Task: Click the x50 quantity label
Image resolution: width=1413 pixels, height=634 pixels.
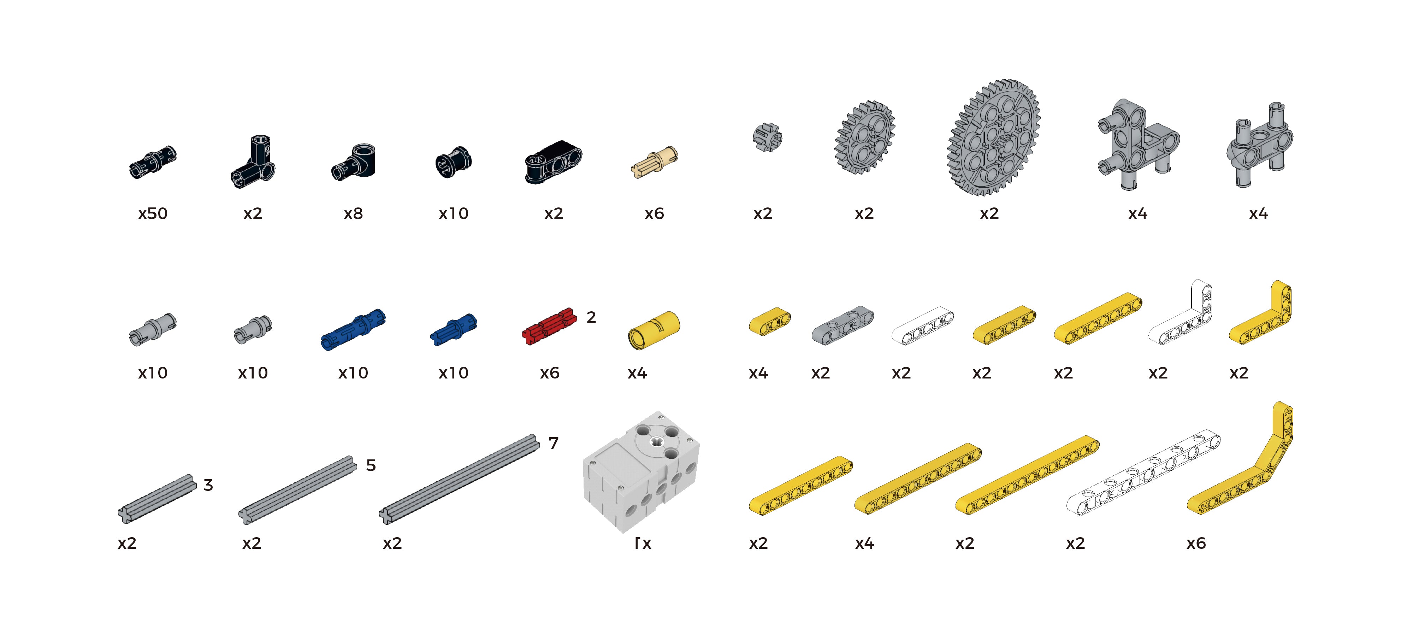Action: pos(153,213)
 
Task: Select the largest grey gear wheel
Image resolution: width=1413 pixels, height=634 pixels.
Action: pos(993,137)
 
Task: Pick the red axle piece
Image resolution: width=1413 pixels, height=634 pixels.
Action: pos(549,326)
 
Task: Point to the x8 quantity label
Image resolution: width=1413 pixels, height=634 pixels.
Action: pos(353,213)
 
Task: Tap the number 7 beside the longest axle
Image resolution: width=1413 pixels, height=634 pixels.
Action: pos(554,443)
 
